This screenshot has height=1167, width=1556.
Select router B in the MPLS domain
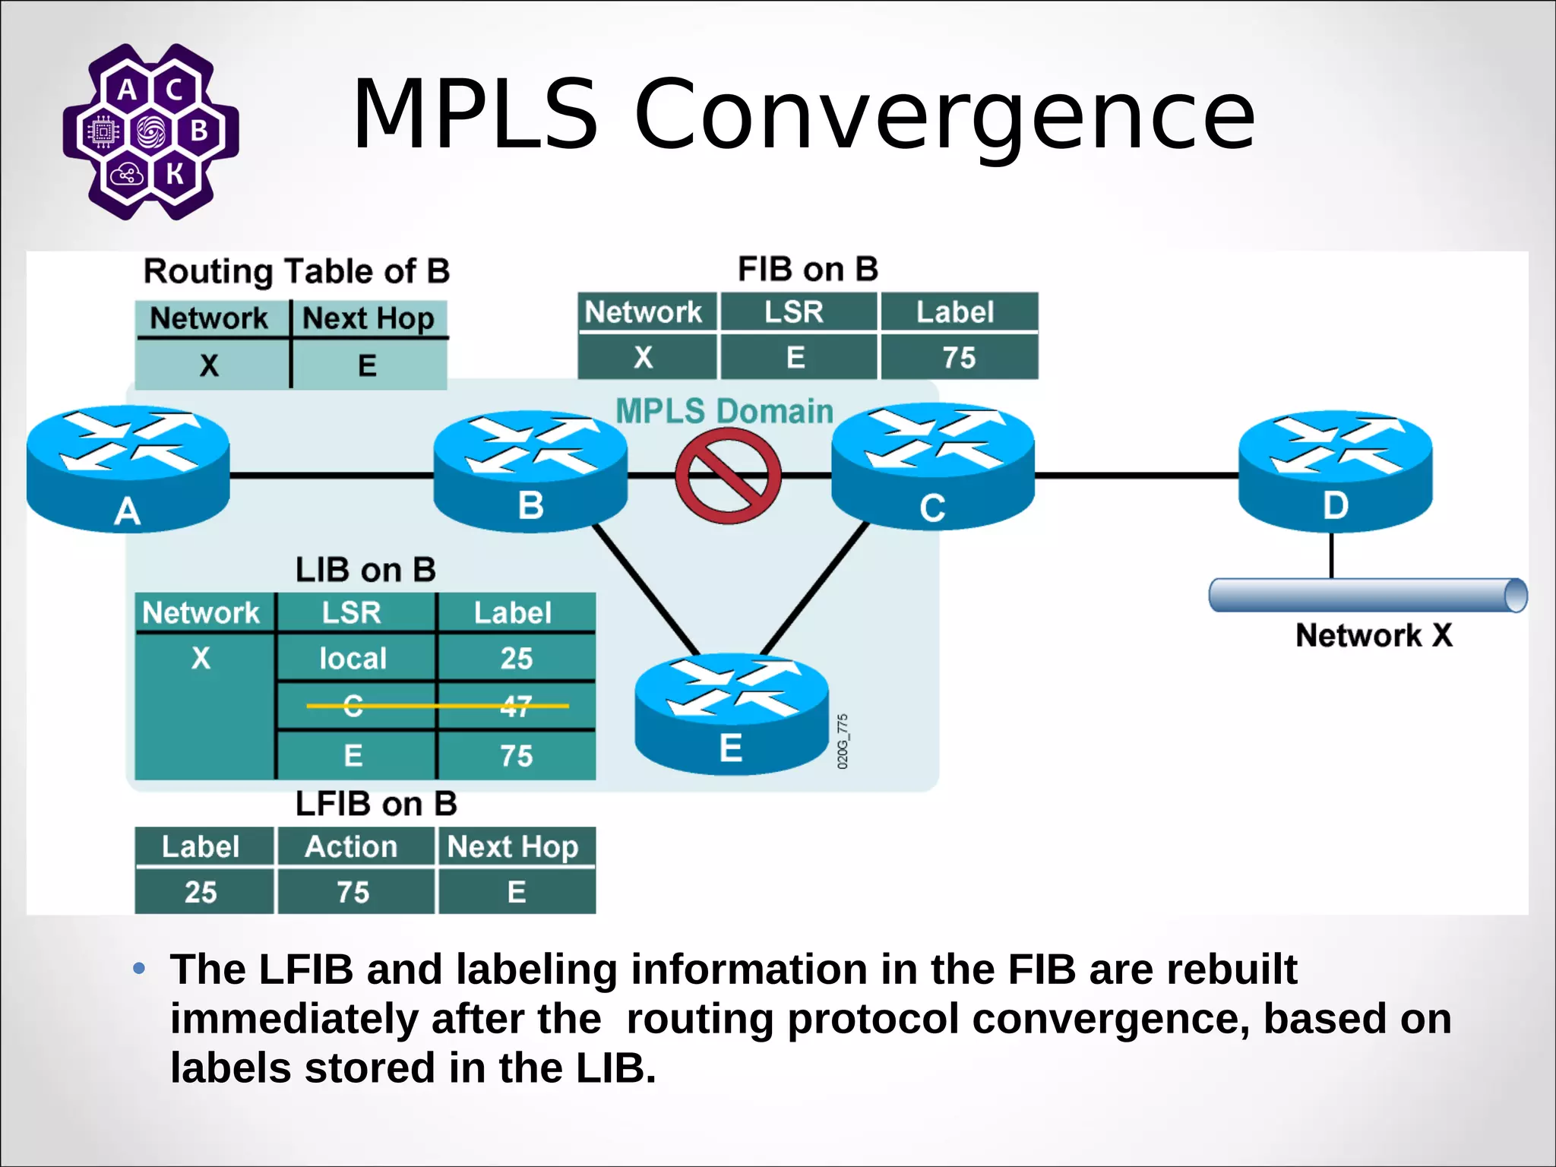point(530,471)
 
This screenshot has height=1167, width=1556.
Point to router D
point(1335,471)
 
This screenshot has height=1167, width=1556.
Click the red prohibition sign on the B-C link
point(728,476)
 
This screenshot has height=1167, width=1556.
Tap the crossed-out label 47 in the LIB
point(516,707)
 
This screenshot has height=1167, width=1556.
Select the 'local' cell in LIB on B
point(353,658)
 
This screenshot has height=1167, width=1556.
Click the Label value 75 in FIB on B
point(958,357)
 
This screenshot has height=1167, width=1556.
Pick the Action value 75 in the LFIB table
point(353,892)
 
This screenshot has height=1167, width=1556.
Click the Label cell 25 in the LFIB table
point(201,892)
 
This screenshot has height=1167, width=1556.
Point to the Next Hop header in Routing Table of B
point(368,318)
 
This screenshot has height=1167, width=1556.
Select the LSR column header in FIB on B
point(794,312)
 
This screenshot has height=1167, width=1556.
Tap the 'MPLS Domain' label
point(724,411)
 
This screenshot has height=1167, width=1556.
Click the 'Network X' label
point(1374,635)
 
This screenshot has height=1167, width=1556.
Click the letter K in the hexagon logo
point(175,174)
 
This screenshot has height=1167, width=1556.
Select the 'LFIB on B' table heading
point(376,804)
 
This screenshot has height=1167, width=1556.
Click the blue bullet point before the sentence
point(139,968)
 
